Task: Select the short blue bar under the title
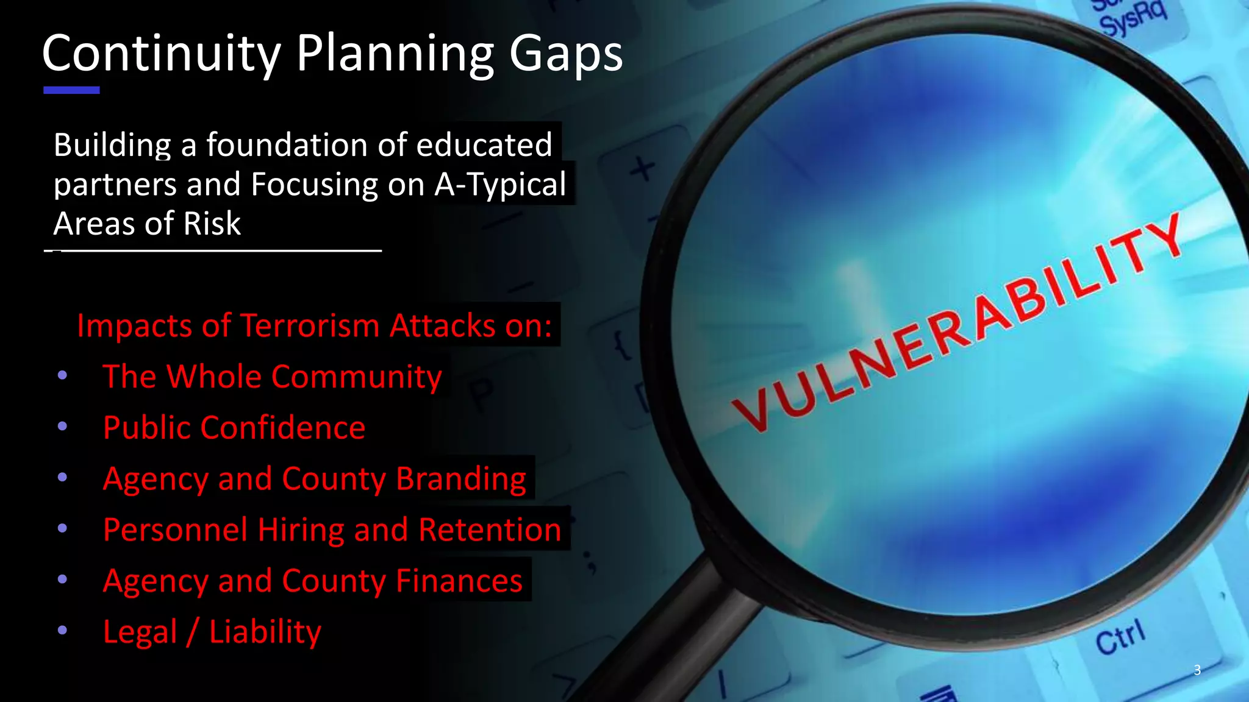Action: coord(71,90)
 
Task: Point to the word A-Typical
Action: coord(500,185)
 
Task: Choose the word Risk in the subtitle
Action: coord(212,223)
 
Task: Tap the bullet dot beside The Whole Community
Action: coord(62,375)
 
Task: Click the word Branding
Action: coord(461,478)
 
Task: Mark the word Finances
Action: coord(459,581)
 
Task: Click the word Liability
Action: coord(265,632)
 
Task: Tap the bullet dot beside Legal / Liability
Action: coord(62,630)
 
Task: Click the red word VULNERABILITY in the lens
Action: coord(957,323)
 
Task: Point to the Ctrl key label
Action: coord(1120,637)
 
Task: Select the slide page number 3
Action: coord(1197,670)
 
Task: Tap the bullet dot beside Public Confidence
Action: coord(62,427)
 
